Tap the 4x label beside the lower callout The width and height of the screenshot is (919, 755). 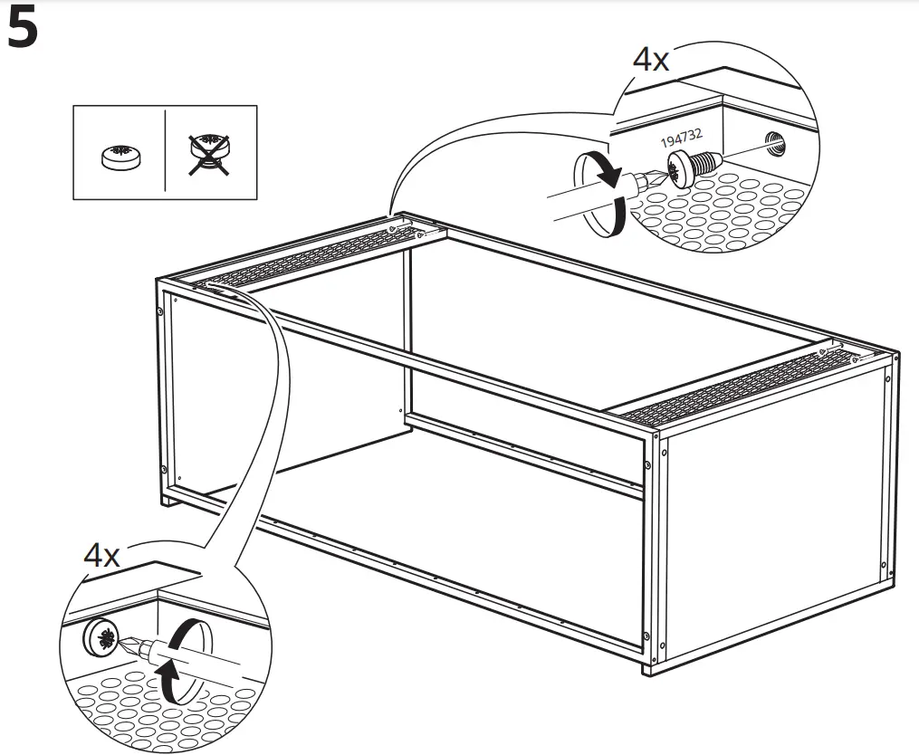(101, 555)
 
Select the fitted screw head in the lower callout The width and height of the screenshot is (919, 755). (102, 637)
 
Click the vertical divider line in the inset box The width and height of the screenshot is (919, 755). (166, 152)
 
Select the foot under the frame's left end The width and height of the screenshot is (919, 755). (169, 500)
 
